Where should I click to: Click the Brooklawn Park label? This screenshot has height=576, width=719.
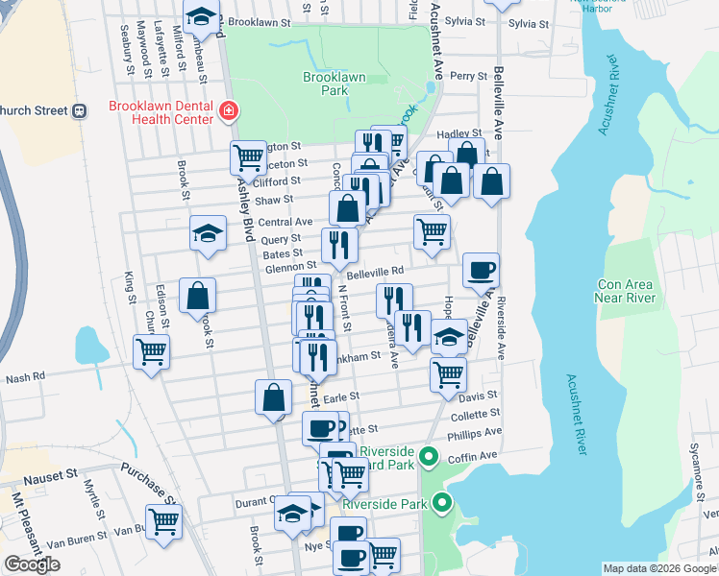coord(325,84)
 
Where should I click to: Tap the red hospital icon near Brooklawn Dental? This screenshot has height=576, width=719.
coord(229,110)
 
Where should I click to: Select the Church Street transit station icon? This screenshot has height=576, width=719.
coord(79,109)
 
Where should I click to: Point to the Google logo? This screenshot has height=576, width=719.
coord(32,564)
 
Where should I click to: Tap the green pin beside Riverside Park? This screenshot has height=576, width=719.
coord(442,502)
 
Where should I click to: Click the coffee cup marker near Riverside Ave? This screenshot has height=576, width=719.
coord(481,270)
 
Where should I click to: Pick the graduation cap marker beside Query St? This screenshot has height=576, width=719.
coord(208,233)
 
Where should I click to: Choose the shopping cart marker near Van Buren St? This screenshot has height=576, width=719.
coord(164,521)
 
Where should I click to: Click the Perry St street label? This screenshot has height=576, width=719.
coord(469,76)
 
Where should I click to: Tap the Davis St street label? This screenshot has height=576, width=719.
coord(478,395)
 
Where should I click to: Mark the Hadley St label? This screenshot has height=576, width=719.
coord(459,134)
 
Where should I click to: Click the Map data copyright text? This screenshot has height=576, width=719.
coord(658,568)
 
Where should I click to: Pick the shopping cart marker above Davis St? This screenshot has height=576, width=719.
coord(448,373)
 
